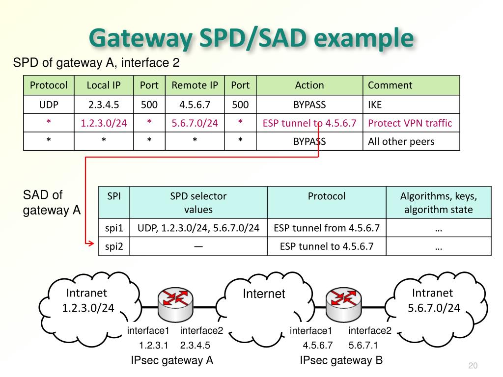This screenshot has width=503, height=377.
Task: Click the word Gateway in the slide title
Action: click(x=139, y=39)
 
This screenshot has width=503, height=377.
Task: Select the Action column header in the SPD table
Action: click(x=309, y=85)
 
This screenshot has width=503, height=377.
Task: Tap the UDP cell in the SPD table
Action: click(x=49, y=105)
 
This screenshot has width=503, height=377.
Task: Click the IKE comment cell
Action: click(x=375, y=105)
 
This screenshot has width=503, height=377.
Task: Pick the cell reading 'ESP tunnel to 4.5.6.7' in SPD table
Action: click(x=309, y=123)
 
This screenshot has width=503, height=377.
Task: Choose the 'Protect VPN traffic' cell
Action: click(x=410, y=123)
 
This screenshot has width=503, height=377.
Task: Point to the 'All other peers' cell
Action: click(x=401, y=142)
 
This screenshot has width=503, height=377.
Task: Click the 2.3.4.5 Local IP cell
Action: click(x=104, y=105)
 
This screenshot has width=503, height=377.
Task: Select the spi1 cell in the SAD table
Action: click(x=114, y=228)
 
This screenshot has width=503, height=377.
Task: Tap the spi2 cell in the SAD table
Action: click(x=114, y=246)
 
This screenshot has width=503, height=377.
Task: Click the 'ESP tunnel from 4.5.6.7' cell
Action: click(x=327, y=228)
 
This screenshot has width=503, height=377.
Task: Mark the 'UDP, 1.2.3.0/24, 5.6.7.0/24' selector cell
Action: click(x=198, y=228)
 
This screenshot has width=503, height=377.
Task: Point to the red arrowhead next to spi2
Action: click(x=91, y=242)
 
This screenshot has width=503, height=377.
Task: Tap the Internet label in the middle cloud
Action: click(x=264, y=294)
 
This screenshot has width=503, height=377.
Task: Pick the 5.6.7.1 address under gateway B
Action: click(x=363, y=345)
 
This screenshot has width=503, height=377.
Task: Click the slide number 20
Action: click(x=473, y=366)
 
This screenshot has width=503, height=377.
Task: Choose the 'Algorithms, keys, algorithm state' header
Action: click(x=439, y=203)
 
